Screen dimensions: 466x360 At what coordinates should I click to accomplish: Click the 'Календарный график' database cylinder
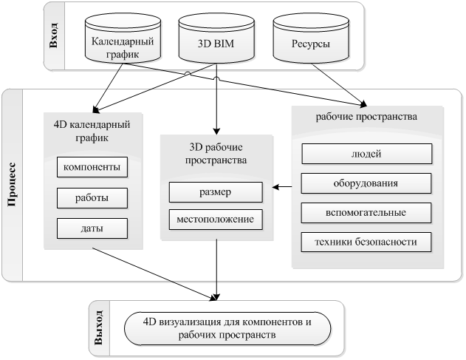coord(123,38)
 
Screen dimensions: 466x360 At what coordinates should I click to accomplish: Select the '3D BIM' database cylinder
coord(216,38)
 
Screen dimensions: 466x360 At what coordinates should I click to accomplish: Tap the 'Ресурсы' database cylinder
coord(311,38)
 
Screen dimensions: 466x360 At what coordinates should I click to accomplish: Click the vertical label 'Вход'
coord(54,35)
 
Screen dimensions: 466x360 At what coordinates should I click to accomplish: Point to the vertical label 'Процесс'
coord(12,184)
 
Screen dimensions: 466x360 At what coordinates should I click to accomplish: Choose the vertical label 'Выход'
coord(99,327)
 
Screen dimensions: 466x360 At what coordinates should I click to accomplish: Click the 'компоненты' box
coord(92,167)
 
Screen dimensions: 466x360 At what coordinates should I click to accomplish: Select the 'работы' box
coord(92,198)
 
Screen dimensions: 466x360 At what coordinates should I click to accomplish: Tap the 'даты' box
coord(92,228)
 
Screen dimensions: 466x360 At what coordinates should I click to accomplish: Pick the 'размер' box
coord(216,192)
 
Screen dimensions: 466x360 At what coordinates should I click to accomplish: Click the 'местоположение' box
coord(216,220)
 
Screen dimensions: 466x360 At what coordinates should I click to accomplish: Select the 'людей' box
coord(367,154)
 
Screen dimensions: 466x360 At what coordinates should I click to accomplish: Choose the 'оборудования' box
coord(366,183)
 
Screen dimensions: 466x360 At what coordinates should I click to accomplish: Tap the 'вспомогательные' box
coord(366,213)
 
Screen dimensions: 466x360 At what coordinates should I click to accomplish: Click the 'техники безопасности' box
coord(366,242)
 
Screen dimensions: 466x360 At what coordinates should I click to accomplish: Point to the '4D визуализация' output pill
coord(227,329)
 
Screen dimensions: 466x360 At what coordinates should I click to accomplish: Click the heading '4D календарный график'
coord(92,131)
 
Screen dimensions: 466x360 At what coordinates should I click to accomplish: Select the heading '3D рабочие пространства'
coord(216,154)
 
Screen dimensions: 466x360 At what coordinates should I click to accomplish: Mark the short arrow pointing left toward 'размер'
coord(282,187)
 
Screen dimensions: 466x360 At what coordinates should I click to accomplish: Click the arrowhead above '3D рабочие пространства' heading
coord(216,131)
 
